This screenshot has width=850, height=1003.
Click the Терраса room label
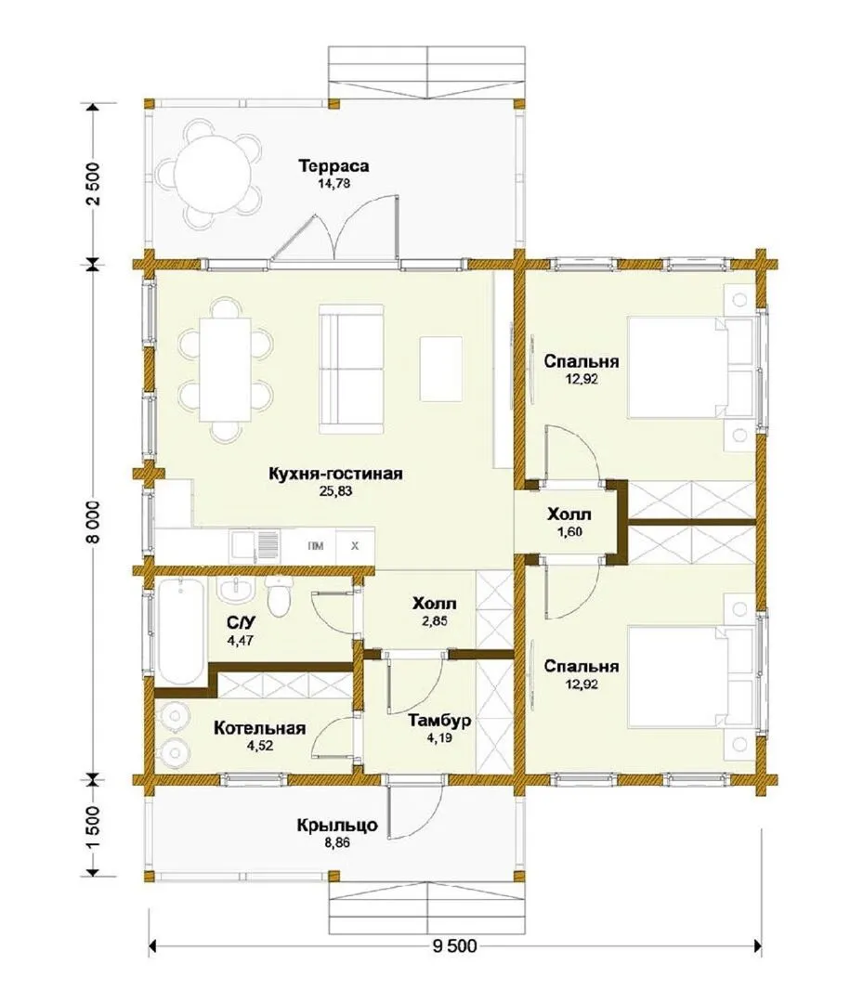333,166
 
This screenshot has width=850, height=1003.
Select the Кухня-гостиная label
335,474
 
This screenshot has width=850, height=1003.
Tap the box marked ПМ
315,547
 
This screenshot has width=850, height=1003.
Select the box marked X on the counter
355,547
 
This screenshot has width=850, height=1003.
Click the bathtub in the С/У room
182,630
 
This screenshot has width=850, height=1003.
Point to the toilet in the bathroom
279,595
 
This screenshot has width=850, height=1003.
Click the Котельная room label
259,729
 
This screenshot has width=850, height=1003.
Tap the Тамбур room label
439,721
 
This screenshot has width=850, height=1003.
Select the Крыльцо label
336,826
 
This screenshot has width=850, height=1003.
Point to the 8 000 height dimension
94,521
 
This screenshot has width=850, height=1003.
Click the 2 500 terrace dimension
94,184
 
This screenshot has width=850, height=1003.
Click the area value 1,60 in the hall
569,531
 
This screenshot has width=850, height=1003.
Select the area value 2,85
435,620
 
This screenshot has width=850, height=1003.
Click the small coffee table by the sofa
441,369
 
